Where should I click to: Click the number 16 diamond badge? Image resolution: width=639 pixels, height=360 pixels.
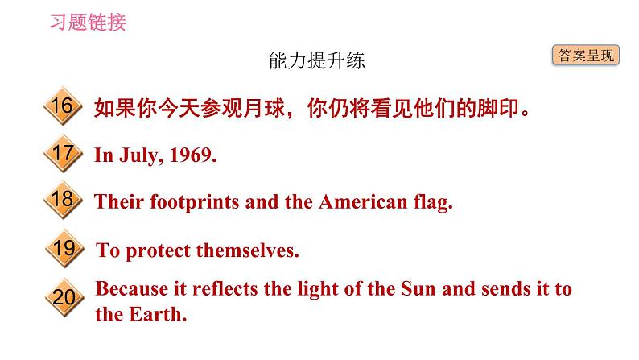(x=61, y=106)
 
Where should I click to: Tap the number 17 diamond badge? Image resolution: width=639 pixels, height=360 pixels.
(x=61, y=153)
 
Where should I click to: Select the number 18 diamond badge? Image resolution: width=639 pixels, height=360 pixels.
(x=61, y=201)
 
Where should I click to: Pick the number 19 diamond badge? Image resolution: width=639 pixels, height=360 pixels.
(x=62, y=249)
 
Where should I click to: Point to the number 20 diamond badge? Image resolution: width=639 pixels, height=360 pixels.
(x=62, y=298)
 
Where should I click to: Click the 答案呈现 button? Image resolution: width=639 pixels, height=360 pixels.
(x=585, y=56)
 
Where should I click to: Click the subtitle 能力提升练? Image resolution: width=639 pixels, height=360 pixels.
(x=320, y=60)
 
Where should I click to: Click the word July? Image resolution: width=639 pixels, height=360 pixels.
(x=138, y=155)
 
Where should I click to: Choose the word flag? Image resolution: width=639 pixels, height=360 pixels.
(x=433, y=203)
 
